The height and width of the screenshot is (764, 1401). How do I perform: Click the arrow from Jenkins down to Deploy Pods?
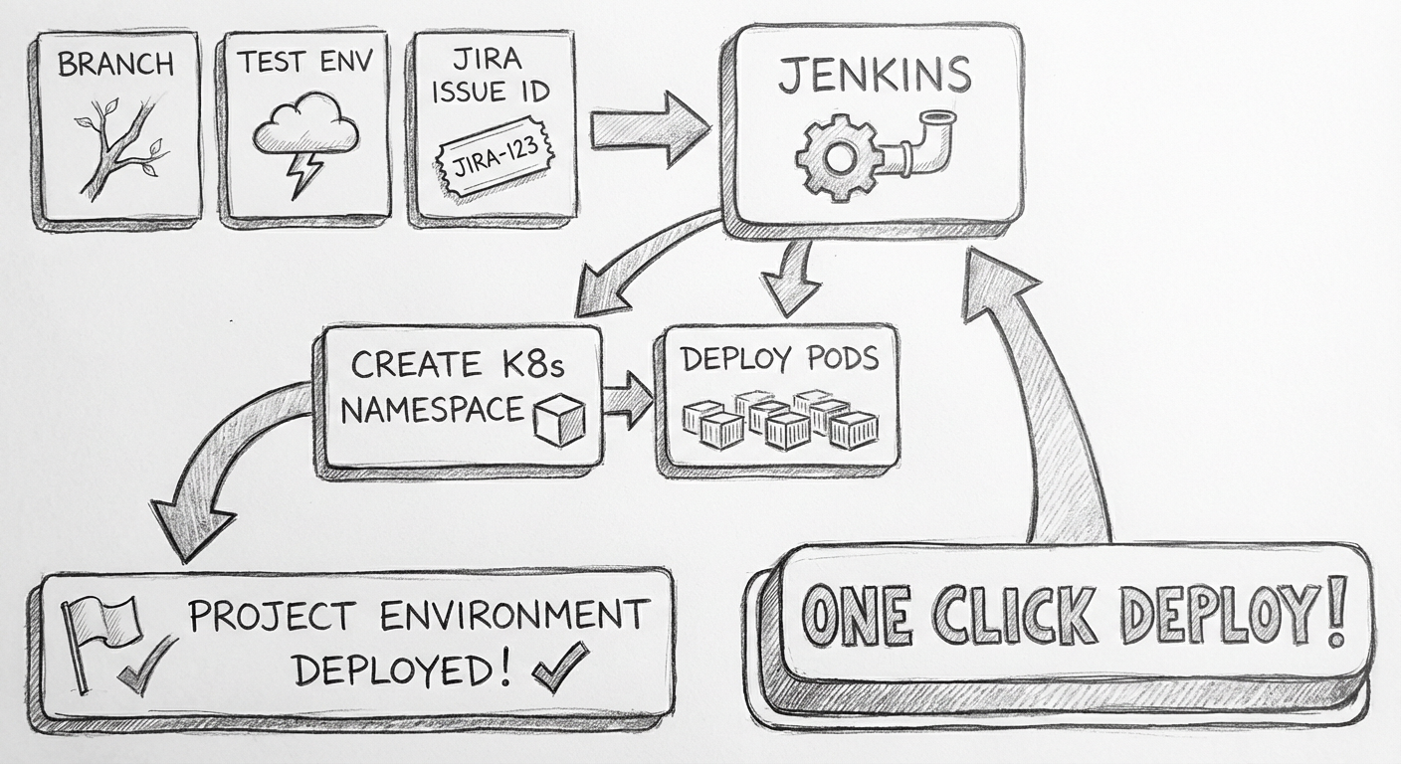792,275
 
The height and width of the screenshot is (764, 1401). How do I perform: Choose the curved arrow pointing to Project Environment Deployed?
219,468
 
